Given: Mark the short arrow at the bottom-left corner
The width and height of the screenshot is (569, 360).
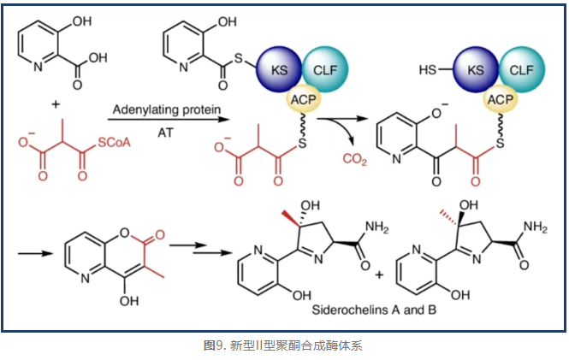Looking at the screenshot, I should coord(33,254).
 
